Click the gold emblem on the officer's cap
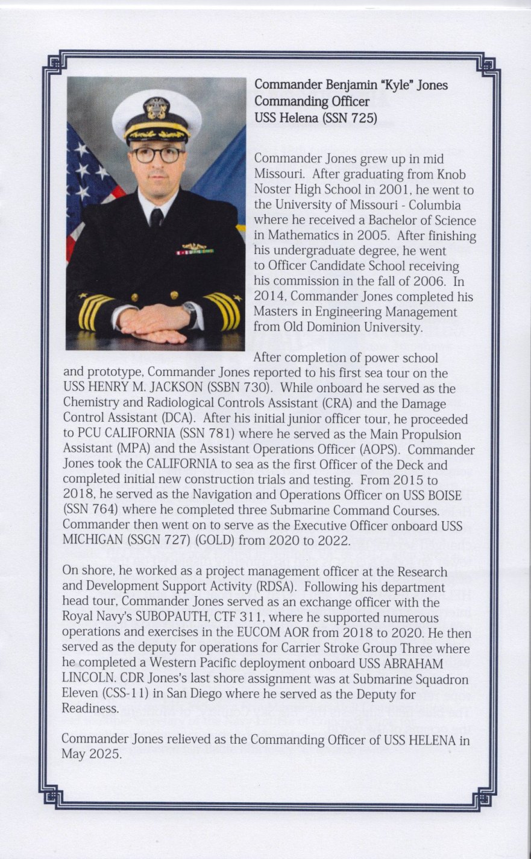[157, 109]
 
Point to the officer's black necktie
[157, 217]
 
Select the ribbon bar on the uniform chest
[191, 252]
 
